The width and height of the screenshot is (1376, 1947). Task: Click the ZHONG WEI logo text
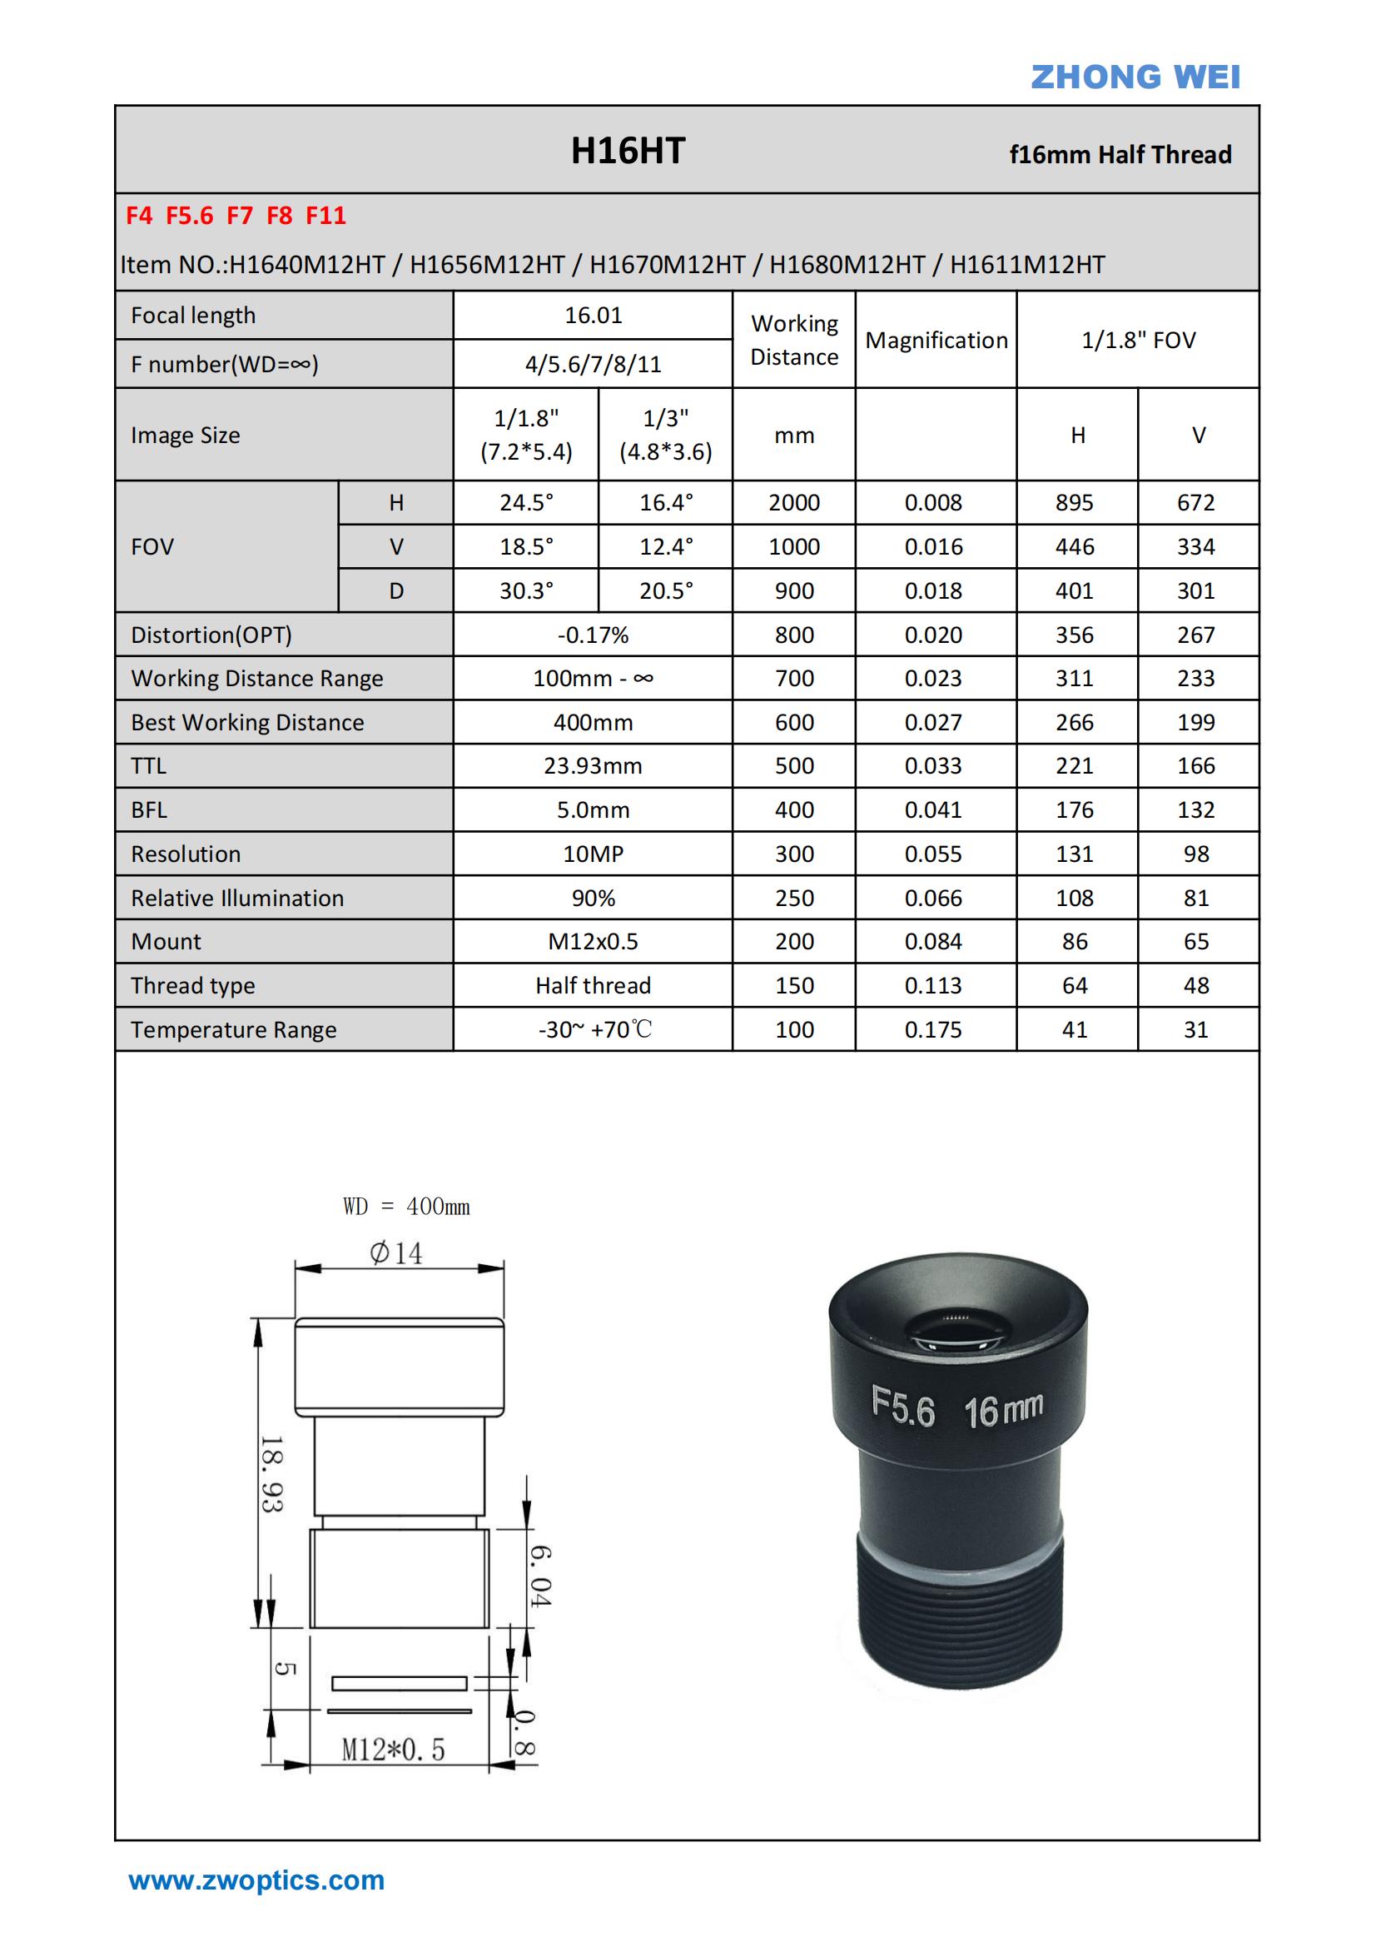1135,77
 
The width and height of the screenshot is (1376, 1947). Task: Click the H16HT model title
628,151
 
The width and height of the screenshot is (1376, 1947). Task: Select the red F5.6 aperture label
189,217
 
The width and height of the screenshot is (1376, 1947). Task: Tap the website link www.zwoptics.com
256,1880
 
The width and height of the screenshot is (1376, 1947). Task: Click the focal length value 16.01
593,316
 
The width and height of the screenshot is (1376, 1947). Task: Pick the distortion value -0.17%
593,635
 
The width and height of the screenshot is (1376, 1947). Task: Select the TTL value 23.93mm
593,767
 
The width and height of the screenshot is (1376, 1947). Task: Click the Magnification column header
936,340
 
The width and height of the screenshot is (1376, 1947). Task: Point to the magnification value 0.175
932,1029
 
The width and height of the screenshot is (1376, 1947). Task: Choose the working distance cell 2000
793,503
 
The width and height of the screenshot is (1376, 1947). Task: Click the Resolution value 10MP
593,854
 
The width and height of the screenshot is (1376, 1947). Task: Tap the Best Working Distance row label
246,723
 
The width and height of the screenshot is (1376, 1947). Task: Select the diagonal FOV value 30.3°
525,591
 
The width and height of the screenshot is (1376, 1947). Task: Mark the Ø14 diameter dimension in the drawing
396,1252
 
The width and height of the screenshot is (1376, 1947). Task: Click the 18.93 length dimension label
272,1474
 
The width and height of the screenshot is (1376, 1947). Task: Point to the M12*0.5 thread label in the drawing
393,1749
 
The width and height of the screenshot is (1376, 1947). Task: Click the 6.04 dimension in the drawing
541,1576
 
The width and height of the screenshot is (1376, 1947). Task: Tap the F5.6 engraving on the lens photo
903,1407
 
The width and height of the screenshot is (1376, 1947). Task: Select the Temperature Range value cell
593,1029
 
